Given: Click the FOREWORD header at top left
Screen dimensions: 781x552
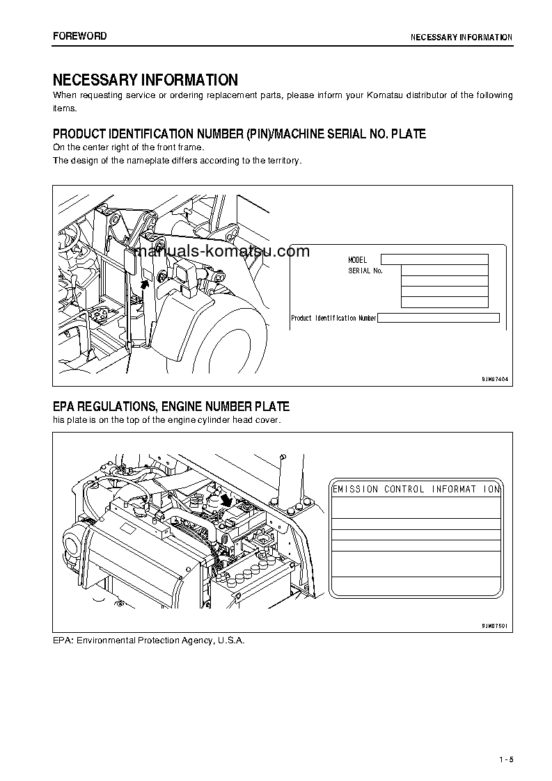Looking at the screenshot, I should [x=80, y=36].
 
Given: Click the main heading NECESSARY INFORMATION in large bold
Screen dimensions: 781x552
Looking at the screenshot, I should [x=145, y=80].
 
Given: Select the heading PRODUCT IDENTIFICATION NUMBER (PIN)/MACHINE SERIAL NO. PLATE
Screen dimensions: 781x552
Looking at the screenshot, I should [x=239, y=134].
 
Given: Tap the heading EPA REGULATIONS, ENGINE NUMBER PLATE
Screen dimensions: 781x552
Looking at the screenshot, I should [x=171, y=407].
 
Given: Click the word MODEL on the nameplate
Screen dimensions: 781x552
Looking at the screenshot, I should [x=357, y=260].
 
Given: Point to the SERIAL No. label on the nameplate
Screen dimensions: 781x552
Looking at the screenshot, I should [x=365, y=271].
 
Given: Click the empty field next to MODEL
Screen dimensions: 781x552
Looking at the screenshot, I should [x=434, y=259].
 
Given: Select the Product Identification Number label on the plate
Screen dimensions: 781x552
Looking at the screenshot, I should [x=333, y=319].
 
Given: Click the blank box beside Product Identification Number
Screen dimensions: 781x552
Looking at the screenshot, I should [x=439, y=318].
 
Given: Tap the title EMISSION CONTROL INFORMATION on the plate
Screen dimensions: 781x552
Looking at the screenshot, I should [x=416, y=490].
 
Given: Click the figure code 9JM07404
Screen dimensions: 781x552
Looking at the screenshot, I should [x=495, y=379].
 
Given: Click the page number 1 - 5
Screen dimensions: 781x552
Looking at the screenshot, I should [x=506, y=759].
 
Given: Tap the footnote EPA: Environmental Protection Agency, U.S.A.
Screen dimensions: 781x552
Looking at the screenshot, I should [x=149, y=640].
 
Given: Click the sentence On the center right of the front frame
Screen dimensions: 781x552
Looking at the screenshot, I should [x=129, y=147].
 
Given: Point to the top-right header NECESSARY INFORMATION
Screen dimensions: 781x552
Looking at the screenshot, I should [x=461, y=38].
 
